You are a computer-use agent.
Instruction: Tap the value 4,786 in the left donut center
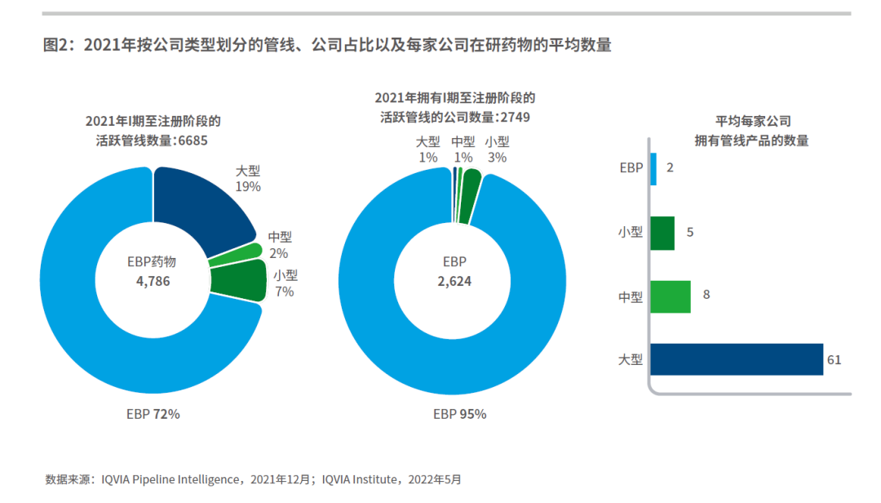pos(153,281)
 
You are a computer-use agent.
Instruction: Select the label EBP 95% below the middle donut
pos(459,414)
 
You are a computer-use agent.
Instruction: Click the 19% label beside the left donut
pos(248,187)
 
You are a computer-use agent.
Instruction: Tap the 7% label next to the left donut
pos(285,292)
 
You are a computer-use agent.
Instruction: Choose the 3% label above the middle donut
pos(497,157)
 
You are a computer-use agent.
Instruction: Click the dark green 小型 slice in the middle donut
pos(468,196)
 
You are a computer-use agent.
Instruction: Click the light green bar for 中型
pos(671,296)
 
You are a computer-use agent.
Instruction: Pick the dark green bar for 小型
pos(662,233)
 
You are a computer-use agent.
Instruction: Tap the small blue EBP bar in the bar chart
pos(653,169)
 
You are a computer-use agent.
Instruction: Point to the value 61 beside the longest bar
pos(834,360)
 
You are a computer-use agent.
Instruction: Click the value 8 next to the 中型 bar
pos(706,295)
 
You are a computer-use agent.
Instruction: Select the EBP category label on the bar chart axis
pos(631,168)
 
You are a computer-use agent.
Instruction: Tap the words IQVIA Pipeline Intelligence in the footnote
pos(169,479)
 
